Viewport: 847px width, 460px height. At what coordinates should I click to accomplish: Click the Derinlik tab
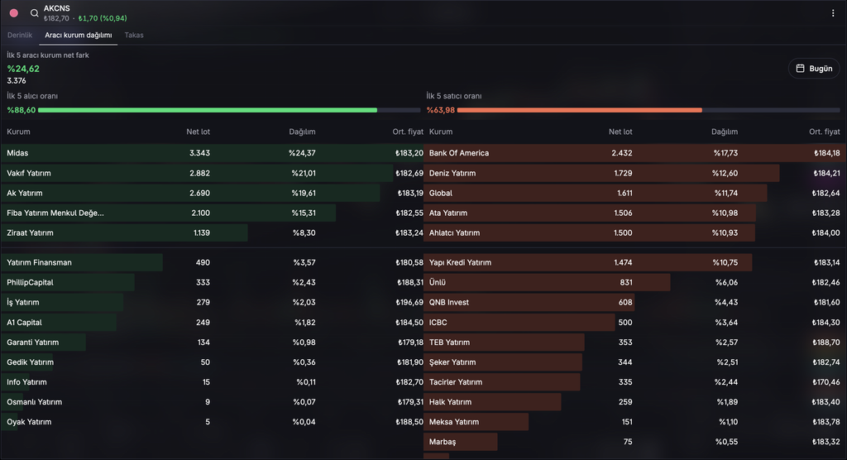pos(20,35)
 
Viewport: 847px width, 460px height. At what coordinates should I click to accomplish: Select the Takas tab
pos(134,35)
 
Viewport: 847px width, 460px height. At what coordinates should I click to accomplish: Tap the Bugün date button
pos(814,69)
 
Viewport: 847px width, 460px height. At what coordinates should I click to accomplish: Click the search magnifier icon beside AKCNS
pos(34,13)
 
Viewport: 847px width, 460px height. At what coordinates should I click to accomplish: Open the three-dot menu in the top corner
pos(833,13)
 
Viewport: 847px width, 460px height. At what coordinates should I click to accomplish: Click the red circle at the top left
pos(14,13)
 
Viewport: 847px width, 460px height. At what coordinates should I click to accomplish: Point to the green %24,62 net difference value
pos(23,69)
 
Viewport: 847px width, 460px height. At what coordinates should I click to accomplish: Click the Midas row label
pos(17,153)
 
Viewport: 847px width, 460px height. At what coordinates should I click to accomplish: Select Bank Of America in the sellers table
pos(458,153)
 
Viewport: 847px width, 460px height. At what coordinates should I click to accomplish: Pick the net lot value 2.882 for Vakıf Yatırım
pos(199,173)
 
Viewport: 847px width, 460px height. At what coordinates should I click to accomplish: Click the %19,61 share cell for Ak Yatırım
pos(304,193)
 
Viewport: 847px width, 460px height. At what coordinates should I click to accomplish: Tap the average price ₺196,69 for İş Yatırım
pos(409,302)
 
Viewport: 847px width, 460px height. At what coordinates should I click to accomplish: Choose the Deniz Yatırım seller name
pos(452,173)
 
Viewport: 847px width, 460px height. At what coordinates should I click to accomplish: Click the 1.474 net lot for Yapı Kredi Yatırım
pos(623,262)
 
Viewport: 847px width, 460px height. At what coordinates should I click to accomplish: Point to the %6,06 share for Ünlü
pos(726,282)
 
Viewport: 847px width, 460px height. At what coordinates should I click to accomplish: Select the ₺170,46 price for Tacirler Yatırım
pos(826,382)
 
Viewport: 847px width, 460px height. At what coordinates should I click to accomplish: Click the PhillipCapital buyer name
pos(30,282)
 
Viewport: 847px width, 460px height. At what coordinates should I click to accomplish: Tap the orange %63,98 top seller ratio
pos(441,110)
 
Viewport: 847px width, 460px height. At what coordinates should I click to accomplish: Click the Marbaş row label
pos(443,442)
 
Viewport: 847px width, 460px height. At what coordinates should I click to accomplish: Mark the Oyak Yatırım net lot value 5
pos(208,422)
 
